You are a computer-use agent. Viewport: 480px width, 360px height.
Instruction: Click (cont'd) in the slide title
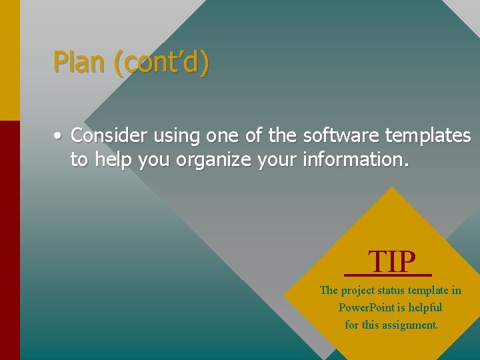point(161,62)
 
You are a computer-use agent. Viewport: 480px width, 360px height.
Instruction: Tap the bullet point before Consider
point(59,136)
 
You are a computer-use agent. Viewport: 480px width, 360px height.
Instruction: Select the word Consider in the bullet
point(110,135)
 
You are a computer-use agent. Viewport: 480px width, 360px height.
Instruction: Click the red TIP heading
point(392,261)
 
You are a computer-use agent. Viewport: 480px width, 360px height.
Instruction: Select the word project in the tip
point(357,291)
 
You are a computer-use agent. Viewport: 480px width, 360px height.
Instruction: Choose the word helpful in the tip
point(425,307)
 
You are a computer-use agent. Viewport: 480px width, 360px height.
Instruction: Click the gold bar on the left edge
point(10,60)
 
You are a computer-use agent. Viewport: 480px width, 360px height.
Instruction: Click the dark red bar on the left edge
point(10,240)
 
